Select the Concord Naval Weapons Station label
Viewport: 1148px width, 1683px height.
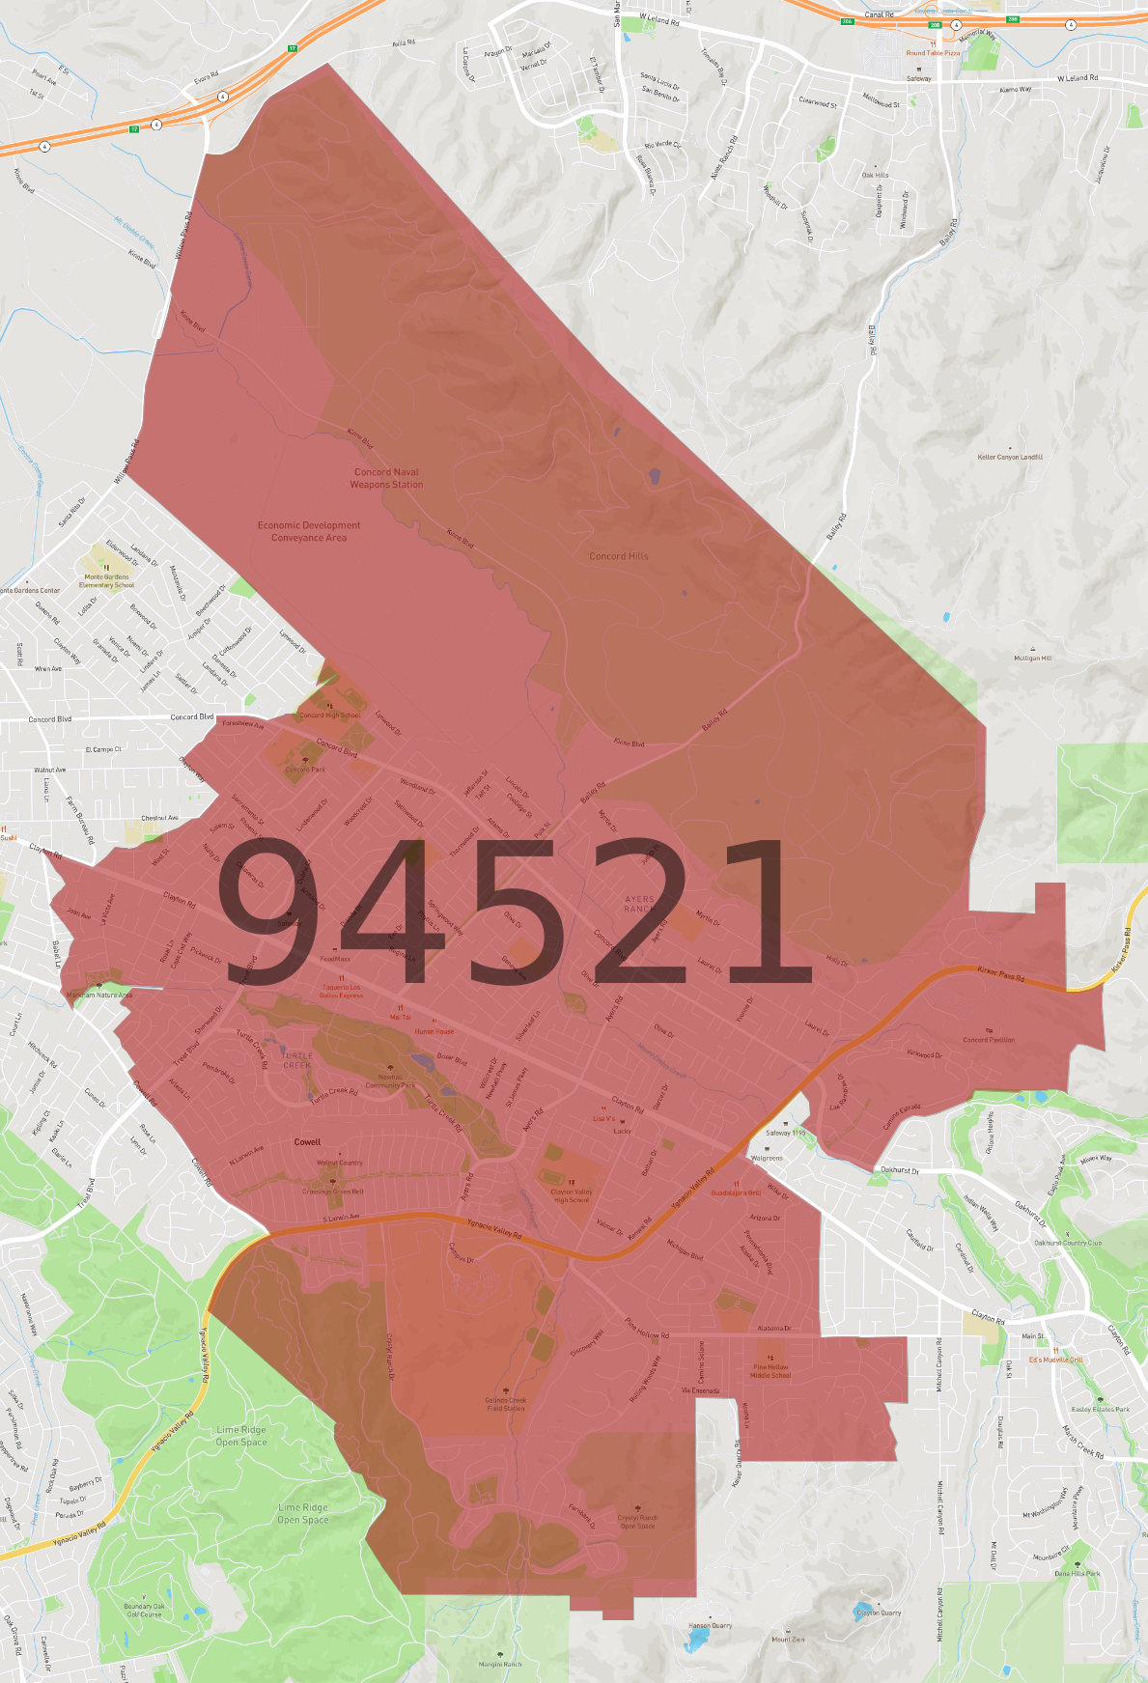386,479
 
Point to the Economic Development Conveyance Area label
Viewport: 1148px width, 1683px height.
309,532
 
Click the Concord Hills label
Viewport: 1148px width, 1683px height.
619,556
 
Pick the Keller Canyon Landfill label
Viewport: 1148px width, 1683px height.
1010,458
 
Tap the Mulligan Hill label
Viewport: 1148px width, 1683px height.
1033,659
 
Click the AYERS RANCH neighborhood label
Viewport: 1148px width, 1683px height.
639,904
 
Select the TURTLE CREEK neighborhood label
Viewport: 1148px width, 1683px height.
297,1060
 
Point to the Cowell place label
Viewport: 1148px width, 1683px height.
307,1141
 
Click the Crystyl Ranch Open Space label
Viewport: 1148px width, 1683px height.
637,1522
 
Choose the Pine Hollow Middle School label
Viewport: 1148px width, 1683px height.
770,1371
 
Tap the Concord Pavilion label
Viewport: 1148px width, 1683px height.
989,1040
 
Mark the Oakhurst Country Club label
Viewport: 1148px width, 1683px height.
1068,1243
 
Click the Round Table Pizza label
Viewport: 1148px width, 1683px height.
933,53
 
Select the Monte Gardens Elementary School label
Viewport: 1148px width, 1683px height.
106,580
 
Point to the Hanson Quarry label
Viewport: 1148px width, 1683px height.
711,1626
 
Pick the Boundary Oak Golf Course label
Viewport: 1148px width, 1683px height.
145,1610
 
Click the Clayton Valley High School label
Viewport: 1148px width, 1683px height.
572,1195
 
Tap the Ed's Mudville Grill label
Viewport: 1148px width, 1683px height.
1055,1360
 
